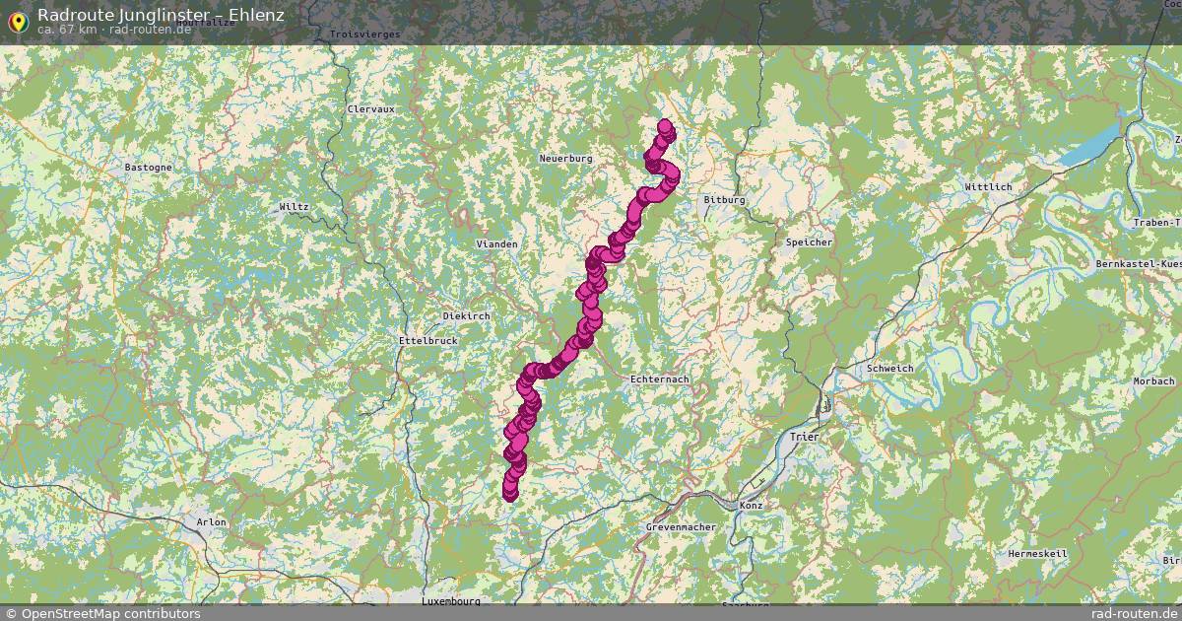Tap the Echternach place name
coord(659,379)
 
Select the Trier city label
coord(804,435)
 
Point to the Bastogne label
coord(148,168)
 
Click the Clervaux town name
coord(370,108)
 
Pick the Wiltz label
coord(294,207)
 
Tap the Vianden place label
coord(496,243)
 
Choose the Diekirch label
coord(466,315)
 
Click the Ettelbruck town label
coord(427,341)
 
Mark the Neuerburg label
coord(565,159)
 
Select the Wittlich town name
coord(988,186)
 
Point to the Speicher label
coord(809,242)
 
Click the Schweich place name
coord(889,369)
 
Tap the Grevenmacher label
coord(680,527)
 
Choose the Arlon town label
coord(211,522)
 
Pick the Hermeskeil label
coord(1037,554)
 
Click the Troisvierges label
coord(364,34)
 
